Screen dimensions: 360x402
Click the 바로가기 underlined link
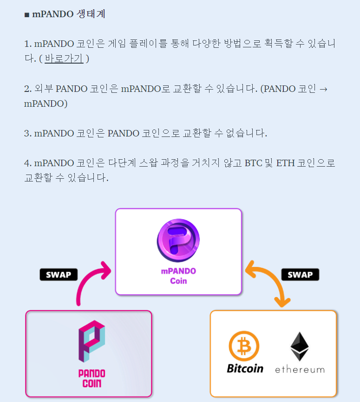[64, 59]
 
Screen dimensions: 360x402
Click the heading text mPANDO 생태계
[69, 14]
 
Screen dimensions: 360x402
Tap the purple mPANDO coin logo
[178, 240]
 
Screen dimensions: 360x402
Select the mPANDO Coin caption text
[178, 276]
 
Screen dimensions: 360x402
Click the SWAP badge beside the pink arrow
[59, 274]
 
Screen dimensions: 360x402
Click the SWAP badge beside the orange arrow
[300, 274]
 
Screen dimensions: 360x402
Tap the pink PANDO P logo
[92, 341]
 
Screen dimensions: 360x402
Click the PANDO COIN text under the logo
[92, 378]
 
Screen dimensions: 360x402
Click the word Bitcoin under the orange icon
[245, 369]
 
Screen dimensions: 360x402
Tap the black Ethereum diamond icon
[299, 346]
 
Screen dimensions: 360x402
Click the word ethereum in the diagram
[300, 370]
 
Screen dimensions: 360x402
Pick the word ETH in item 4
[286, 163]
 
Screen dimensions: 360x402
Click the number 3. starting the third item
[27, 134]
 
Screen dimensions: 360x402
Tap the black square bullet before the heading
[26, 15]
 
